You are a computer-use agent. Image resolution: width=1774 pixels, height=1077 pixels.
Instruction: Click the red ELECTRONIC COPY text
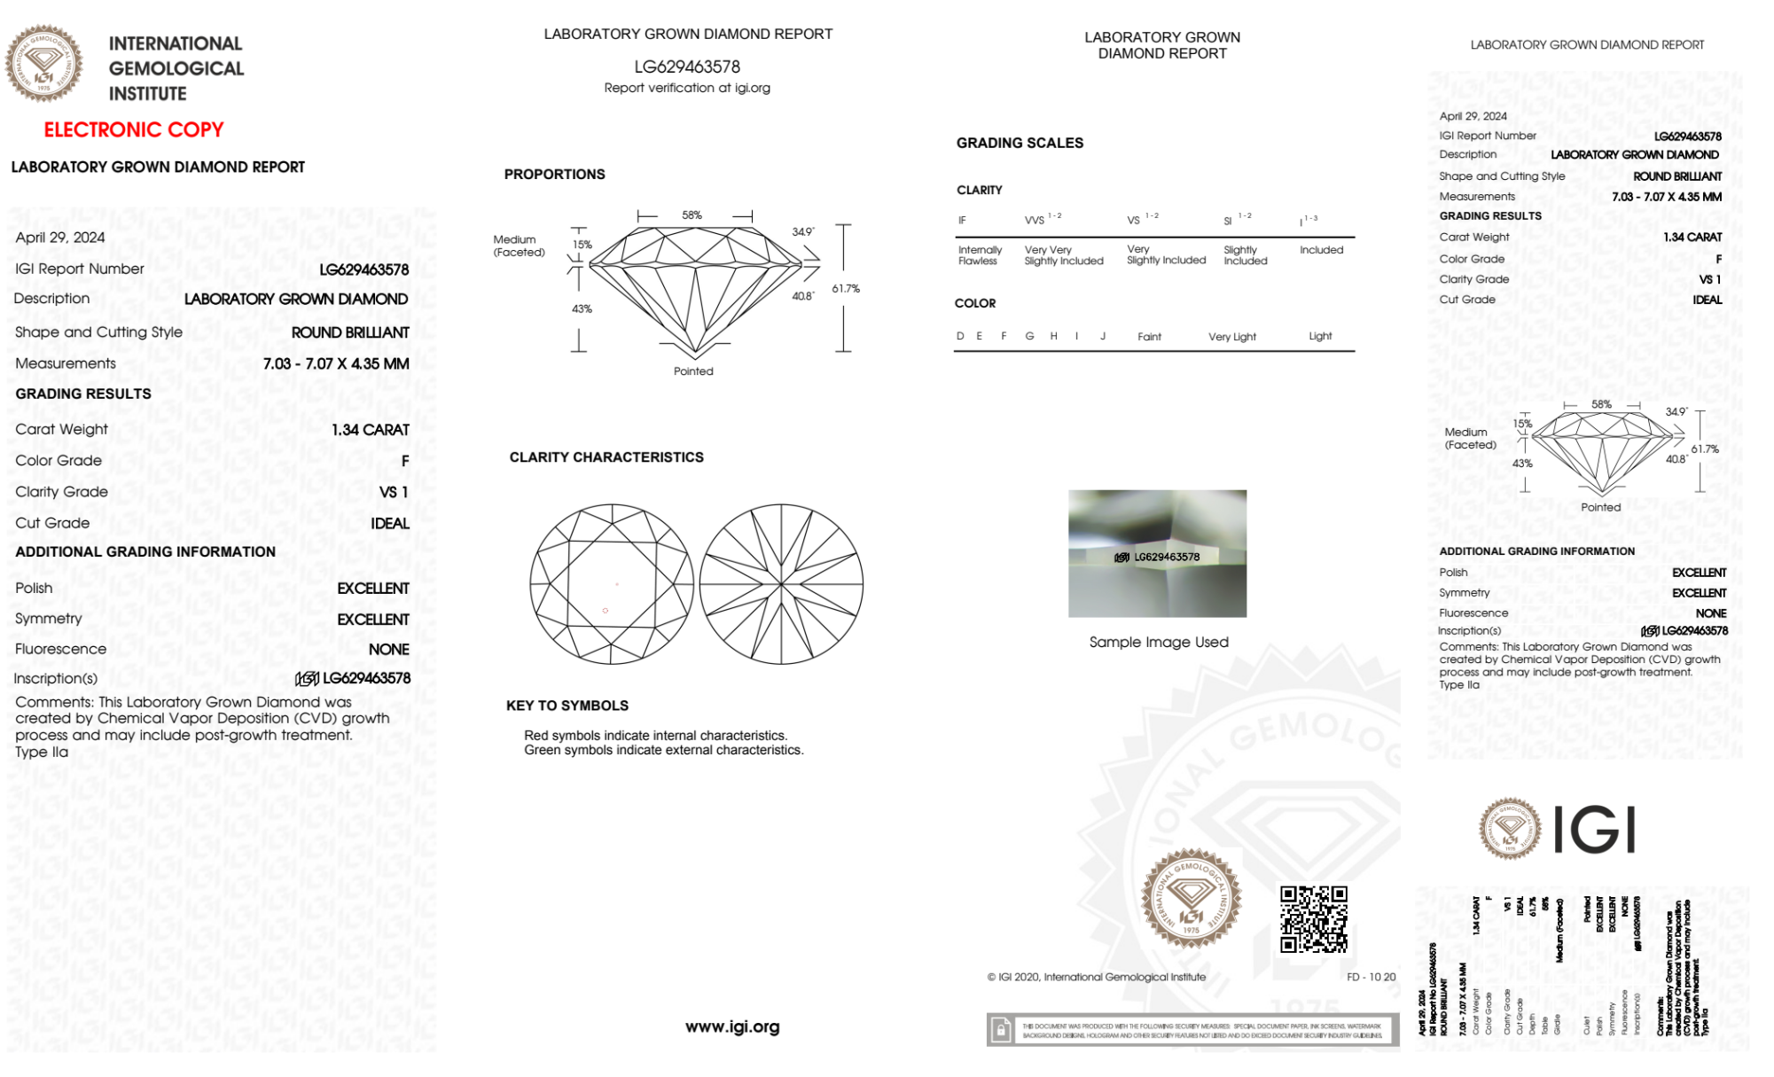coord(134,129)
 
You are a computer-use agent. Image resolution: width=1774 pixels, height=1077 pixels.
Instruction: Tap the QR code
coord(1313,918)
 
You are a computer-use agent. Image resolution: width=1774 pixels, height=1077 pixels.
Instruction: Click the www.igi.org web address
coord(732,1026)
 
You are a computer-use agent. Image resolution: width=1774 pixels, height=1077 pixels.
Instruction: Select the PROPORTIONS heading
coord(554,175)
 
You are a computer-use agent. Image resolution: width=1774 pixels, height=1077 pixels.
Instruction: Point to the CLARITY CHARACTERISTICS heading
coord(606,457)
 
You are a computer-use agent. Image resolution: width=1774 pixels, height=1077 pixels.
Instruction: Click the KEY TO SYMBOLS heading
coord(567,706)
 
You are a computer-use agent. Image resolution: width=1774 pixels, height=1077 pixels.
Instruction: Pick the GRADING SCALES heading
coord(1020,143)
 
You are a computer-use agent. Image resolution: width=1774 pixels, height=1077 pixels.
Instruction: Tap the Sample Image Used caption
coord(1159,642)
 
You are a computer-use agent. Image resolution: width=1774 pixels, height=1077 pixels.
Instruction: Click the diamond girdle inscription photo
coord(1157,553)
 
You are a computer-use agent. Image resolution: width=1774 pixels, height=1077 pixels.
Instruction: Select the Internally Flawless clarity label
coord(980,255)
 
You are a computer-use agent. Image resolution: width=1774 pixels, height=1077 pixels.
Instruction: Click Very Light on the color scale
coord(1231,337)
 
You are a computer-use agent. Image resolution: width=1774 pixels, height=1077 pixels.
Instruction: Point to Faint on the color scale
coord(1149,337)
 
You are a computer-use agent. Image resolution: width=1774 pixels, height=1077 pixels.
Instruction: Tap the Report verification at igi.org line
coord(687,88)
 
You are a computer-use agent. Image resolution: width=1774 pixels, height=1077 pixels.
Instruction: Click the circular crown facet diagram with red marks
coord(612,584)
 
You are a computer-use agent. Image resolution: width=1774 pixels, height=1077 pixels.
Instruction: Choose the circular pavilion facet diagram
coord(781,584)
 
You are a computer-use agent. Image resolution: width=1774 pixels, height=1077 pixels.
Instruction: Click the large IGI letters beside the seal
coord(1595,830)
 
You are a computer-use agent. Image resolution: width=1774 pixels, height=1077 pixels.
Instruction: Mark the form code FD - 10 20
coord(1371,977)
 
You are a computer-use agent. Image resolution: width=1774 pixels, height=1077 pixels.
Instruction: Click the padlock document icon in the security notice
coord(1001,1030)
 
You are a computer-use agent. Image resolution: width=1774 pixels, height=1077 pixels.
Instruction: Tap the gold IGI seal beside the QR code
coord(1191,899)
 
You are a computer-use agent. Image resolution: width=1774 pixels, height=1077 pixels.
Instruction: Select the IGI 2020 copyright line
coord(1097,977)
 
